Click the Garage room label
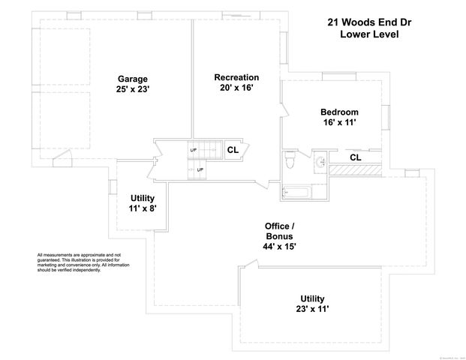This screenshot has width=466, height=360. [132, 79]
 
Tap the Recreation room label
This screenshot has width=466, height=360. [236, 77]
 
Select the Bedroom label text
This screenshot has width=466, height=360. [339, 112]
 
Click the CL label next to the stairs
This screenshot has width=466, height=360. [233, 150]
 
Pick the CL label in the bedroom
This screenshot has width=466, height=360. [355, 157]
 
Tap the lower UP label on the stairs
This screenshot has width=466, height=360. [200, 169]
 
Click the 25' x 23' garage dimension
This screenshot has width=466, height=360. [132, 91]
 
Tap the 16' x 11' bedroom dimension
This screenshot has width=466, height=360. [339, 124]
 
